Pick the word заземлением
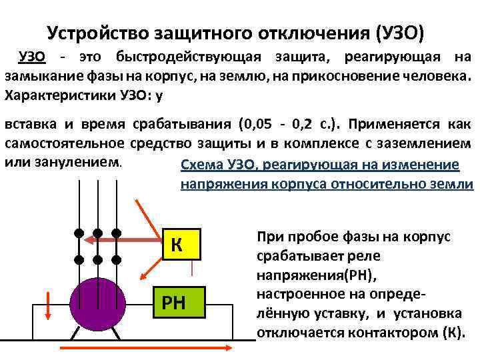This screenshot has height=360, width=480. (427, 143)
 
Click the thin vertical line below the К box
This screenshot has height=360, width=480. (193, 267)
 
